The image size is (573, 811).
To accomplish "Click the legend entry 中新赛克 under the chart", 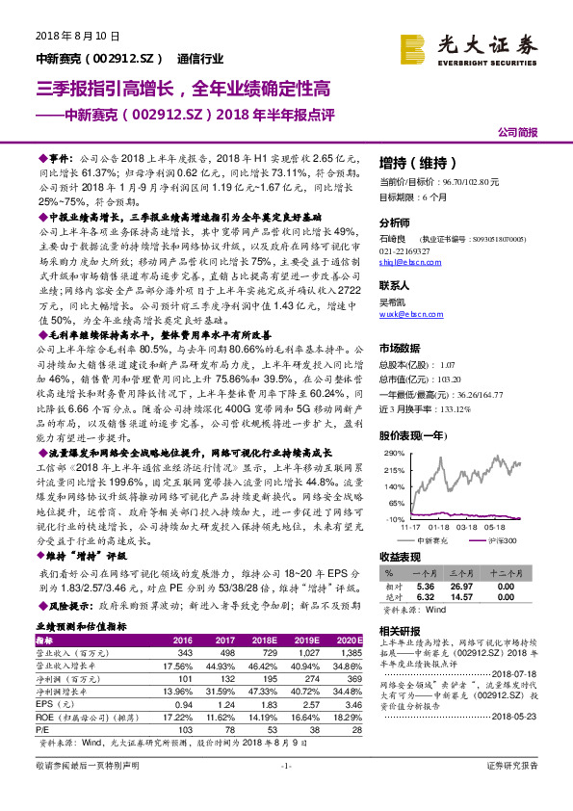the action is (430, 541).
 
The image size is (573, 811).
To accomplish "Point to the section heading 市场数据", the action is (398, 348).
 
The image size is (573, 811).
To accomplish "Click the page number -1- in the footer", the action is (285, 792).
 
